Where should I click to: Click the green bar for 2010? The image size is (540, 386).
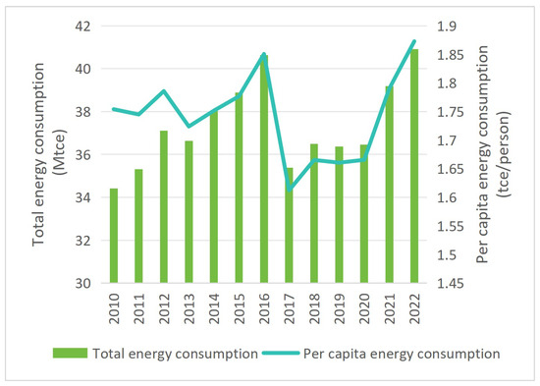114,236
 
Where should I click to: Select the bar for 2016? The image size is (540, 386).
264,169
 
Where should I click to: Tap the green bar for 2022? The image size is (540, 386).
414,166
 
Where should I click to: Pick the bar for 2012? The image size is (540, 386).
164,207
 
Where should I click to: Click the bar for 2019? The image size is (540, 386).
340,215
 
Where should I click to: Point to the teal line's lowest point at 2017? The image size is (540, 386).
289,190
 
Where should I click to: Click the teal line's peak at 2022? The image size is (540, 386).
414,41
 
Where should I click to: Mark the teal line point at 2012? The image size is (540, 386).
164,91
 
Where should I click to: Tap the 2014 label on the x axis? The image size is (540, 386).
214,308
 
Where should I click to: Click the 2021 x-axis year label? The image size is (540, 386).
389,308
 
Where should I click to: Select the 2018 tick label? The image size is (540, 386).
314,308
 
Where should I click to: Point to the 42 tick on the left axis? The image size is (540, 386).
82,27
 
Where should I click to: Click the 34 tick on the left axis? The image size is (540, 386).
82,197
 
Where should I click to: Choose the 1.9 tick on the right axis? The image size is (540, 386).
446,27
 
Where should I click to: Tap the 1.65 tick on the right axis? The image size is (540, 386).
450,170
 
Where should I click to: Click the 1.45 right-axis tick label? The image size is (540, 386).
450,284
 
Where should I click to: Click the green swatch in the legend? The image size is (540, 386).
70,354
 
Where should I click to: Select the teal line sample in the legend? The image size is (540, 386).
281,354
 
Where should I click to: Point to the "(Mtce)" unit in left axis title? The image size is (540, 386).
60,152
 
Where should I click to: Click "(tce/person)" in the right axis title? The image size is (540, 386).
504,153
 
